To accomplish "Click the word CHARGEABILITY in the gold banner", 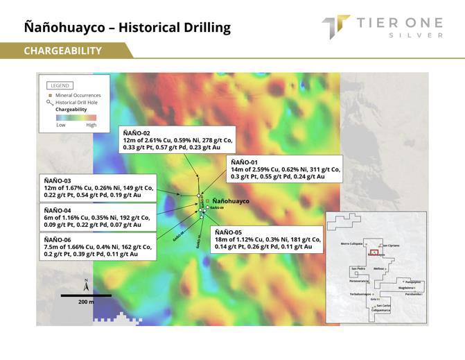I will (62, 51).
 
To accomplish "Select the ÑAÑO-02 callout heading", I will (141, 132).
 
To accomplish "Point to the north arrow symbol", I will (86, 284).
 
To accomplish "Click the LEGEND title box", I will (60, 85).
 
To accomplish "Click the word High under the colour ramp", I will (91, 126).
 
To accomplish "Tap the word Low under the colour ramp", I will (61, 126).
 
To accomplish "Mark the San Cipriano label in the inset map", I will (390, 246).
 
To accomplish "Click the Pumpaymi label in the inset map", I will (413, 282).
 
